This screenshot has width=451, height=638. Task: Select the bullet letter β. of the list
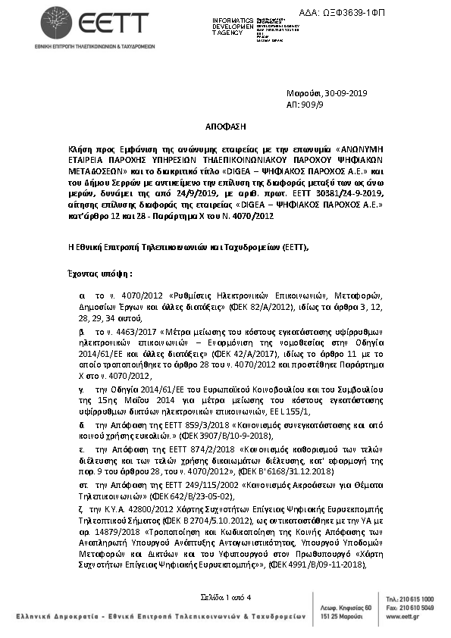[x=82, y=332]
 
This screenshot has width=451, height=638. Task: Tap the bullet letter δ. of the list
[x=82, y=424]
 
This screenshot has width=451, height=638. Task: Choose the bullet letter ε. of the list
[x=82, y=450]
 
